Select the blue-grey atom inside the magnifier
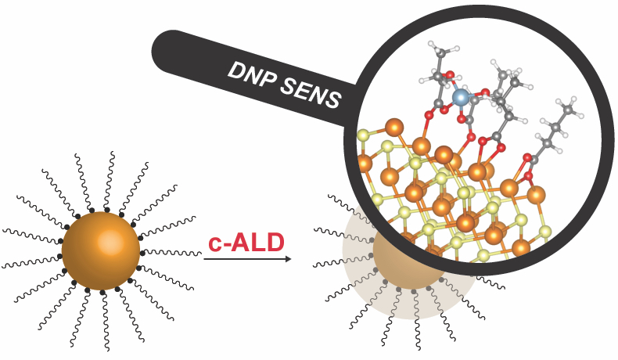[461, 97]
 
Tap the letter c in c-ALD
[214, 244]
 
